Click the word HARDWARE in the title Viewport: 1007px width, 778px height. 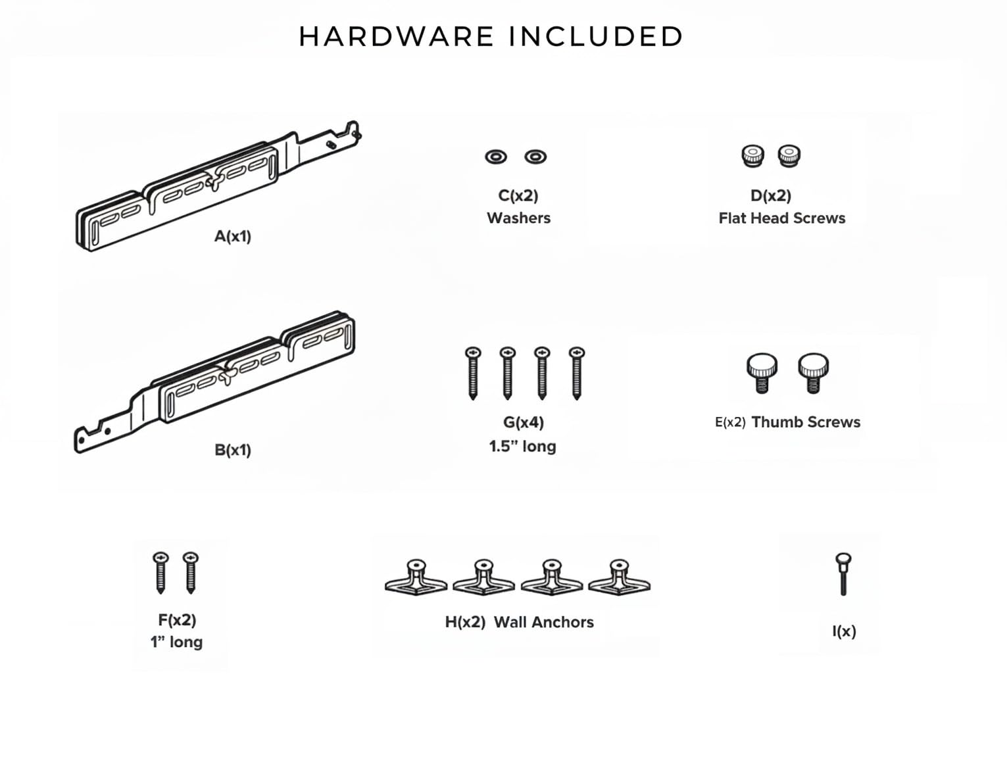[396, 37]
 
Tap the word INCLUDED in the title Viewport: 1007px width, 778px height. [596, 37]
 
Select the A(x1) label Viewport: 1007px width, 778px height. [233, 236]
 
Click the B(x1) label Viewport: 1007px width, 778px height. [233, 450]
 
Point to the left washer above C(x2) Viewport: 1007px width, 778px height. [496, 157]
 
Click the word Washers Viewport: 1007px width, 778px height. [518, 218]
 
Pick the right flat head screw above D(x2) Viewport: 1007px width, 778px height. [789, 156]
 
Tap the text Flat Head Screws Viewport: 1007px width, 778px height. [781, 218]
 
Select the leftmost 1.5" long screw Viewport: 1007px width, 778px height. [473, 372]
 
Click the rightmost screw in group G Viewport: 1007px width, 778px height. [577, 372]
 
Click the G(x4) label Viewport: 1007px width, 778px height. [523, 422]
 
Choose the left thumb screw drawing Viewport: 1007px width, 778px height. [762, 372]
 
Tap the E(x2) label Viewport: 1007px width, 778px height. [730, 422]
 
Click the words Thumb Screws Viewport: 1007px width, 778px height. [806, 422]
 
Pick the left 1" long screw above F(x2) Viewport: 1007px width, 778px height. [160, 571]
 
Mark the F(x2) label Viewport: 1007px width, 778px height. [177, 620]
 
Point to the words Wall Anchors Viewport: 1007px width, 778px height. [543, 622]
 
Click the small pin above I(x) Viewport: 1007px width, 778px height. [843, 573]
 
